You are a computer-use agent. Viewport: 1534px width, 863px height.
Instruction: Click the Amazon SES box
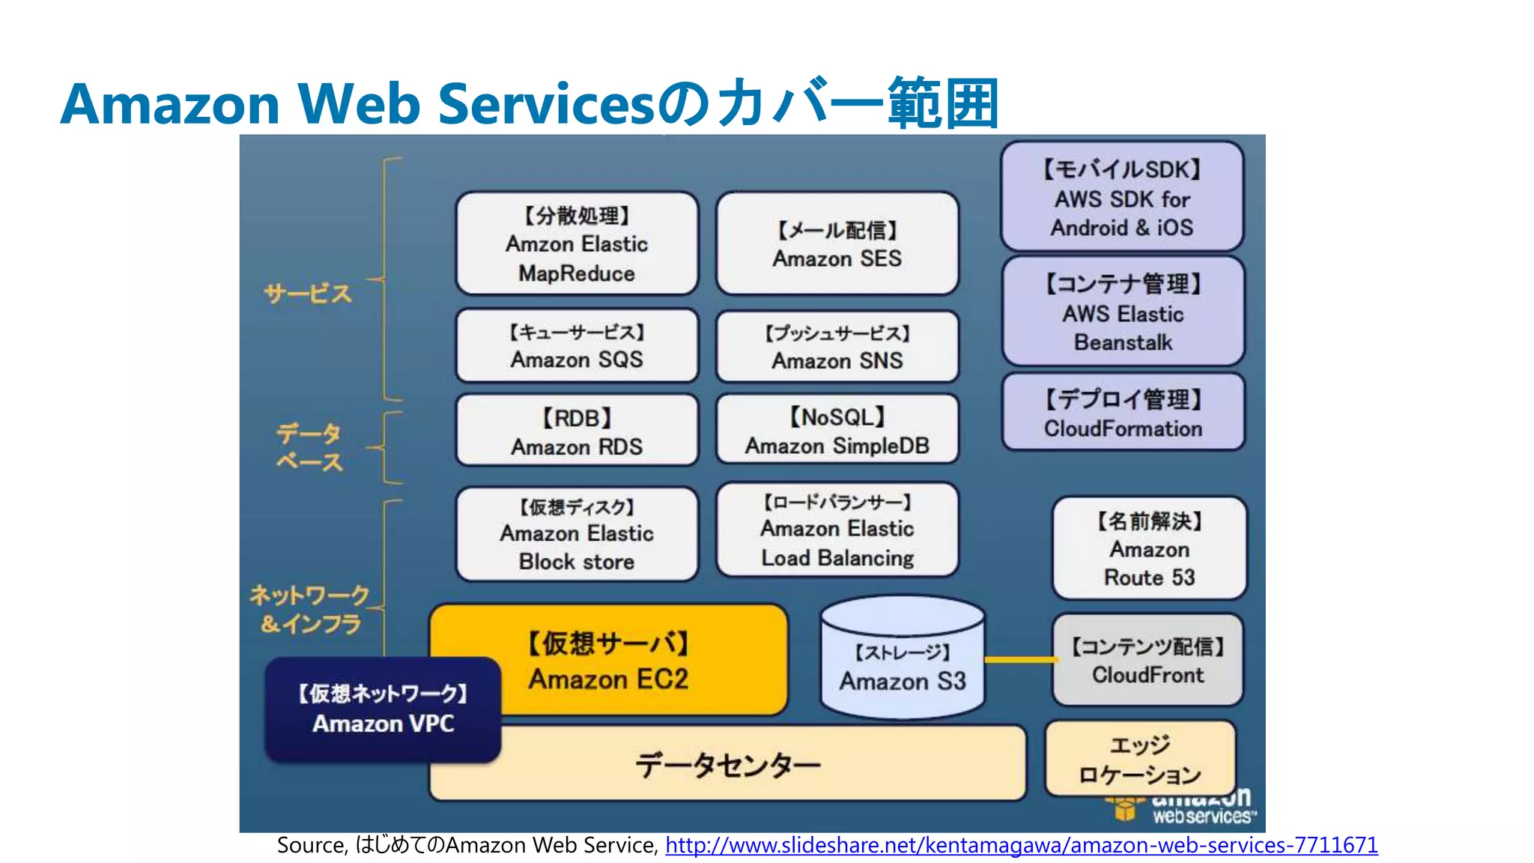coord(837,243)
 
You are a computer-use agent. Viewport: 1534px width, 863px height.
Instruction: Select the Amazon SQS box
coord(577,346)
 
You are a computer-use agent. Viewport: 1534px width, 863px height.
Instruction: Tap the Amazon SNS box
coord(837,347)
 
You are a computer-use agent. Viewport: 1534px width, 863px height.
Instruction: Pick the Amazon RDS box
coord(577,431)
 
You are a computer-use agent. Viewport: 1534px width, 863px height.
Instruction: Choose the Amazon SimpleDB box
coord(837,431)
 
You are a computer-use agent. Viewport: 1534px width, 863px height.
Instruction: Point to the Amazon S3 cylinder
coord(903,663)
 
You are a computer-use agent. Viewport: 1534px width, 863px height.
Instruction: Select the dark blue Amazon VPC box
coord(383,709)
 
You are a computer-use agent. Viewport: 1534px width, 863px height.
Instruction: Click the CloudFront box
coord(1148,660)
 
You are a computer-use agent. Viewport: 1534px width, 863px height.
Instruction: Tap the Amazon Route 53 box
coord(1149,548)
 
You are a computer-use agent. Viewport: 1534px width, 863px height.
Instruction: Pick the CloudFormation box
coord(1123,413)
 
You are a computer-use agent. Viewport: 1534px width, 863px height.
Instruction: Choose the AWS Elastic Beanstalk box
coord(1123,312)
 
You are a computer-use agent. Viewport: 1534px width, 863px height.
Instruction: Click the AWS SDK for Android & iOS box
coord(1122,197)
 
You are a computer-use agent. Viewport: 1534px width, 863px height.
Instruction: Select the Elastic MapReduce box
coord(577,244)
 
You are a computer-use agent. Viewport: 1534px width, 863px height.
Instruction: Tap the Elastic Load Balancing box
coord(837,530)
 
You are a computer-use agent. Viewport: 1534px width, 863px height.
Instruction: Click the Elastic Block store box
coord(577,534)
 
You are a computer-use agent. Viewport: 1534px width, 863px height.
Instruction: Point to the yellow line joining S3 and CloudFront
coord(1020,660)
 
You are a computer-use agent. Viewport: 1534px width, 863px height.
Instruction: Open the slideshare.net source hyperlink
coord(1021,845)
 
